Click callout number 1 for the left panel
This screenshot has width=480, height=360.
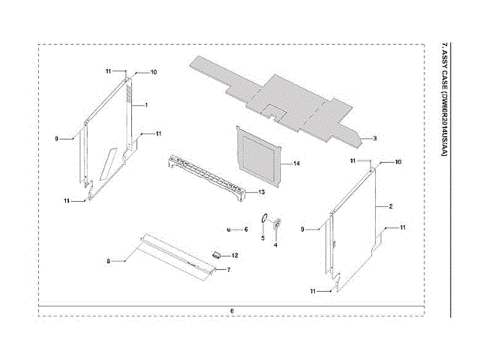pyautogui.click(x=145, y=104)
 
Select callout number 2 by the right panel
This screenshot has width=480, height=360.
pyautogui.click(x=391, y=205)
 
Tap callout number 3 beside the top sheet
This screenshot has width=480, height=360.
pyautogui.click(x=374, y=139)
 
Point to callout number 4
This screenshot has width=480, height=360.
pyautogui.click(x=275, y=244)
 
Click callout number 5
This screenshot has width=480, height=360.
pyautogui.click(x=262, y=238)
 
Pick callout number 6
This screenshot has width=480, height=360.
pyautogui.click(x=244, y=229)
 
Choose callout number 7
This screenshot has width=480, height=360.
pyautogui.click(x=228, y=269)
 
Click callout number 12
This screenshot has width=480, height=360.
pyautogui.click(x=234, y=256)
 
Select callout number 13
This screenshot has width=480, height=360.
pyautogui.click(x=262, y=193)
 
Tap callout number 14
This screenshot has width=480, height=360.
pyautogui.click(x=296, y=163)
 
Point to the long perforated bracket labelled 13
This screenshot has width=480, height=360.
pyautogui.click(x=207, y=176)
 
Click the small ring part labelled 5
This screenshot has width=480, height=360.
pyautogui.click(x=264, y=217)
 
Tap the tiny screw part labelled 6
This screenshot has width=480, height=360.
pyautogui.click(x=228, y=229)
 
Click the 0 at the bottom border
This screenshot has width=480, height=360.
pyautogui.click(x=232, y=310)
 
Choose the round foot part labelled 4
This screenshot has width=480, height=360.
pyautogui.click(x=277, y=223)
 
